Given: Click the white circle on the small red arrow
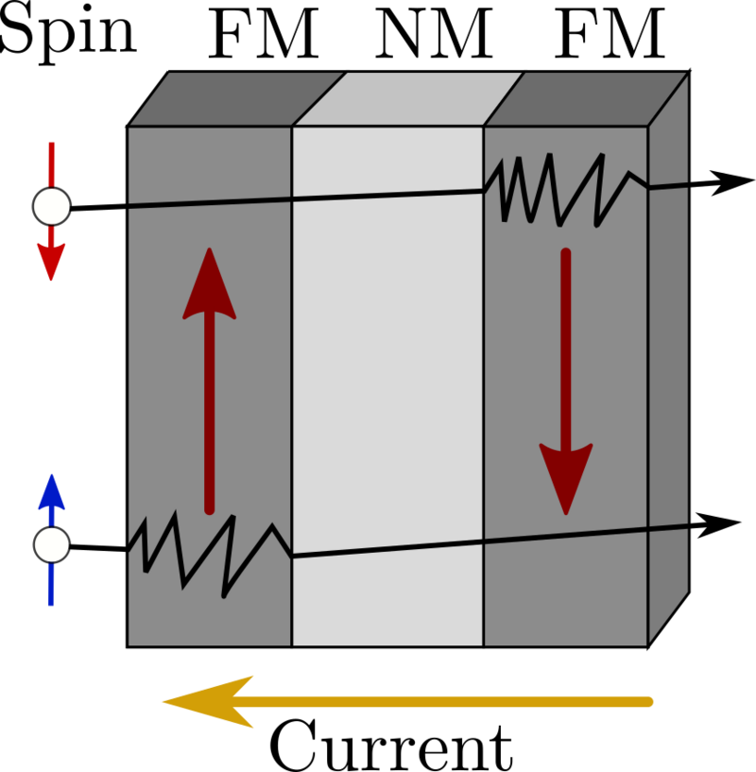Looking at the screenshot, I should click(52, 206).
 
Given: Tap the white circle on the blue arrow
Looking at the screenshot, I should click(52, 545).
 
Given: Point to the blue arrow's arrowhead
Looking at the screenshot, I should click(51, 492).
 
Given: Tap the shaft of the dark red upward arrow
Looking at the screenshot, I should click(209, 416).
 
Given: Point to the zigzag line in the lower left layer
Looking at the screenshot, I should click(204, 553).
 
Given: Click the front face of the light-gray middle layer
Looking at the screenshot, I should click(387, 378).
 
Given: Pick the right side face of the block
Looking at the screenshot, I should click(668, 378).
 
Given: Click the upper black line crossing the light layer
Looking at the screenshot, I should click(387, 196).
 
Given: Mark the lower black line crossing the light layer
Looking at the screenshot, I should click(387, 549).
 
